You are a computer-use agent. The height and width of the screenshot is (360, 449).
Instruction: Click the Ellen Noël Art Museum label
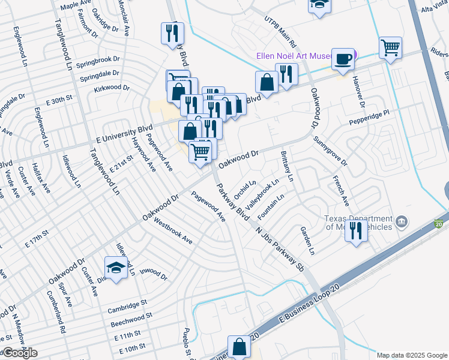point(294,56)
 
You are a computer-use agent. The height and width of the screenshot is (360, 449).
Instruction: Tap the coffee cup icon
point(343,59)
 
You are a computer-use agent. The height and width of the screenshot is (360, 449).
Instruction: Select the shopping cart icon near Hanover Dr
point(390,48)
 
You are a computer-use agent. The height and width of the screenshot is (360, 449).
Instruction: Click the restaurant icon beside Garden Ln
point(356,231)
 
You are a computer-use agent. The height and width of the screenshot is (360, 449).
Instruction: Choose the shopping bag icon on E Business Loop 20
point(239,347)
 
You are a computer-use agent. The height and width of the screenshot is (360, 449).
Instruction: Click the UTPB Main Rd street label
point(280,32)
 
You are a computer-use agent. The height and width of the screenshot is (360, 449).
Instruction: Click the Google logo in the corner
point(19,353)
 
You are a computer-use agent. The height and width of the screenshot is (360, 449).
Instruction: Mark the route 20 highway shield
point(439,223)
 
